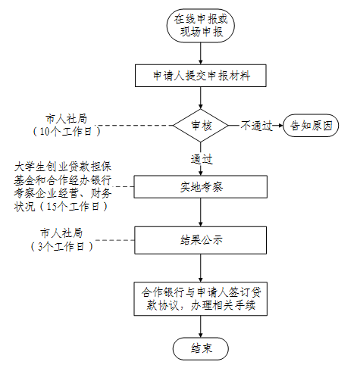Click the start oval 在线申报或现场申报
(x=201, y=26)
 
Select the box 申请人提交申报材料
(x=201, y=76)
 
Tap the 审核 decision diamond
(x=201, y=126)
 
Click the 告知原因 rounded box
(x=311, y=126)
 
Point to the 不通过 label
(x=256, y=126)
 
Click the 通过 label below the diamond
(x=202, y=159)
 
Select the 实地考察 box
(x=201, y=187)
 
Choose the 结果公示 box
(x=201, y=240)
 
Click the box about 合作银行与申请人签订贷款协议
(x=201, y=299)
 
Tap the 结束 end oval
(x=201, y=348)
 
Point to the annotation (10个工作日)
(x=67, y=131)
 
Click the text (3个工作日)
(x=62, y=246)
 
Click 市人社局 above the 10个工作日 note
(x=66, y=119)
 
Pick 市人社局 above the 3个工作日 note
(x=61, y=233)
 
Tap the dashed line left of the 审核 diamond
(x=134, y=126)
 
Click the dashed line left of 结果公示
(x=114, y=240)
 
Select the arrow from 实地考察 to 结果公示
(x=201, y=212)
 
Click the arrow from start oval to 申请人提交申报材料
(x=201, y=53)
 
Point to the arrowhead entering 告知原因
(x=280, y=126)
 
